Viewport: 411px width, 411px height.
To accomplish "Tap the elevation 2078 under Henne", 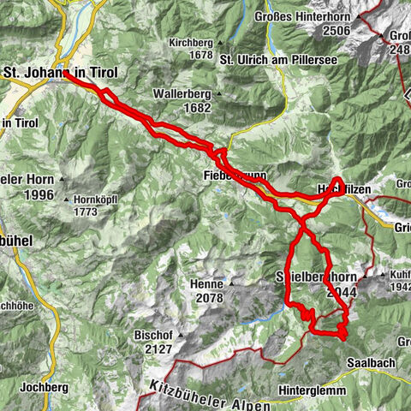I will point(209,298).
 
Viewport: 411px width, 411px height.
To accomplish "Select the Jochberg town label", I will point(45,387).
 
